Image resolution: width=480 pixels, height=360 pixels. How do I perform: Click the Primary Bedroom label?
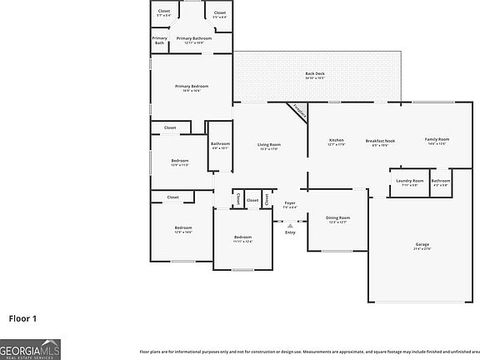click(191, 87)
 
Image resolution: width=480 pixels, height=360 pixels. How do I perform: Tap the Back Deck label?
click(314, 74)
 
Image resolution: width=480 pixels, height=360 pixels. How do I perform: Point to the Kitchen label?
click(336, 141)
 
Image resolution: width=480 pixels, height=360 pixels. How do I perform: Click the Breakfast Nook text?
click(380, 141)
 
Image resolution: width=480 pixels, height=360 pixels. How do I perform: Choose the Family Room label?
click(437, 140)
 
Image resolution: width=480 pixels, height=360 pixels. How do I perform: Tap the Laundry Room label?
click(409, 182)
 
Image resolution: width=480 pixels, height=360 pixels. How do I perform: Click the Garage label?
click(422, 245)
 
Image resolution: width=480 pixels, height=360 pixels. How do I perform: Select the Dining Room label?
click(337, 218)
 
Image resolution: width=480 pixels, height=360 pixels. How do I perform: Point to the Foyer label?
click(290, 203)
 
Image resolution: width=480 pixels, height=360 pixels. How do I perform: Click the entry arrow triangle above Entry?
click(290, 224)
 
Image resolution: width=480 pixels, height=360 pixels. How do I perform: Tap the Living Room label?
click(268, 146)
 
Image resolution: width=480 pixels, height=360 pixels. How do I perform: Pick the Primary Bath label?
click(159, 40)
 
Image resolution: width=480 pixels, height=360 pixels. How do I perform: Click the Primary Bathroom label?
click(193, 38)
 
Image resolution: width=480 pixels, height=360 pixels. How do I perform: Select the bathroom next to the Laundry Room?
click(441, 182)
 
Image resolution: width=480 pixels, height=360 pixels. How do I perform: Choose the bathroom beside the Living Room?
click(220, 145)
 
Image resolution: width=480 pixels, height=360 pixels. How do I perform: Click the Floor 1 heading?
click(22, 317)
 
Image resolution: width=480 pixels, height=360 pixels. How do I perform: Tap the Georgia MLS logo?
click(30, 350)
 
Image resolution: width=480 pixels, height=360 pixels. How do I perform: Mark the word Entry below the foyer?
click(290, 232)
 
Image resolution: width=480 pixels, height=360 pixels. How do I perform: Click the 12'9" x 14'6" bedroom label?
click(183, 228)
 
